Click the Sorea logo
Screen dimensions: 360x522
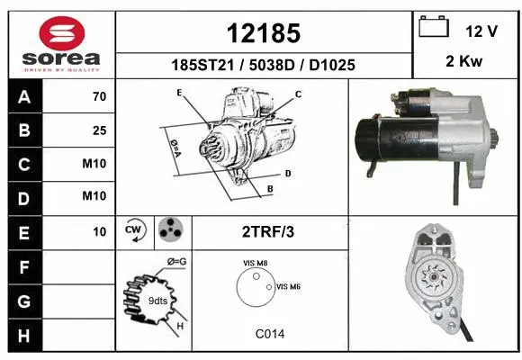point(61,43)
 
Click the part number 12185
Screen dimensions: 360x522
point(262,33)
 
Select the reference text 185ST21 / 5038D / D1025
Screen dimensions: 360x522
point(263,66)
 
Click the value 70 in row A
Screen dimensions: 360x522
point(99,97)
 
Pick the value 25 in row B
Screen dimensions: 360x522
point(99,130)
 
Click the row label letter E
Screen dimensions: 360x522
point(23,231)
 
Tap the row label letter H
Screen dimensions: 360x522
point(23,335)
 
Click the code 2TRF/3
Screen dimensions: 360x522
point(269,231)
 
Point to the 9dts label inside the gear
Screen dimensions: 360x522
point(157,300)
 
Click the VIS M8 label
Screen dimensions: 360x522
point(255,263)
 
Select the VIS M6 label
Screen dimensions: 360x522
point(288,286)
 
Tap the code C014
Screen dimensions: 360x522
point(269,334)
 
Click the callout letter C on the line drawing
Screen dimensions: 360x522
point(298,94)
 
